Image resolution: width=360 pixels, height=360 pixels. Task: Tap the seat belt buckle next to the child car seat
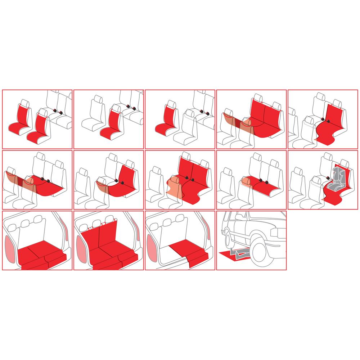(328, 178)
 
